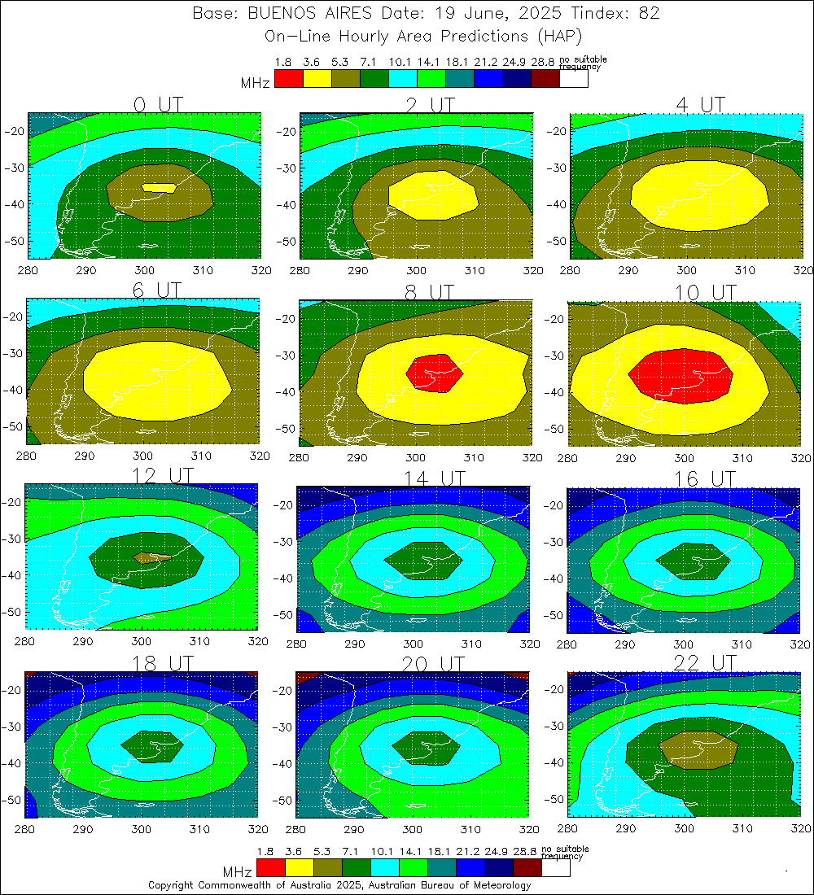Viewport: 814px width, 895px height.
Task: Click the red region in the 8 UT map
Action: [434, 373]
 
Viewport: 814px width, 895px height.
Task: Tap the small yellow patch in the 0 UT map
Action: [160, 187]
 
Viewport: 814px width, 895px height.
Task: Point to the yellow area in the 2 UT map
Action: [431, 195]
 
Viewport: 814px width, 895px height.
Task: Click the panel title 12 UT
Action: [158, 475]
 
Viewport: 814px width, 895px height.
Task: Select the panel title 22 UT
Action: [704, 662]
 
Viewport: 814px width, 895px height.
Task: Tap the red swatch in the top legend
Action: [289, 79]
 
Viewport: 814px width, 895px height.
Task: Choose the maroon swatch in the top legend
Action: [545, 79]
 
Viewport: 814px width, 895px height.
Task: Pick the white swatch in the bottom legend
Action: [555, 869]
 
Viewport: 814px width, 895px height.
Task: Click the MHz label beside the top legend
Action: [255, 83]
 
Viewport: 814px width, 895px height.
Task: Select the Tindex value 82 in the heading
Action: [648, 14]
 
